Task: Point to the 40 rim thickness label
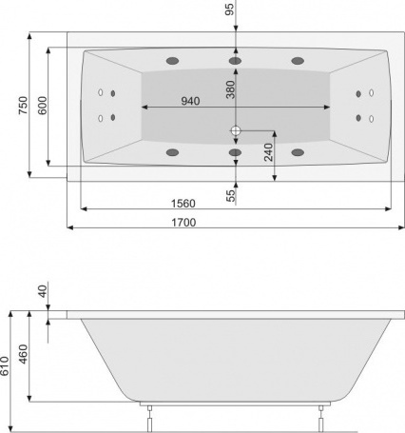coord(42,292)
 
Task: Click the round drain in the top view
coord(235,130)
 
